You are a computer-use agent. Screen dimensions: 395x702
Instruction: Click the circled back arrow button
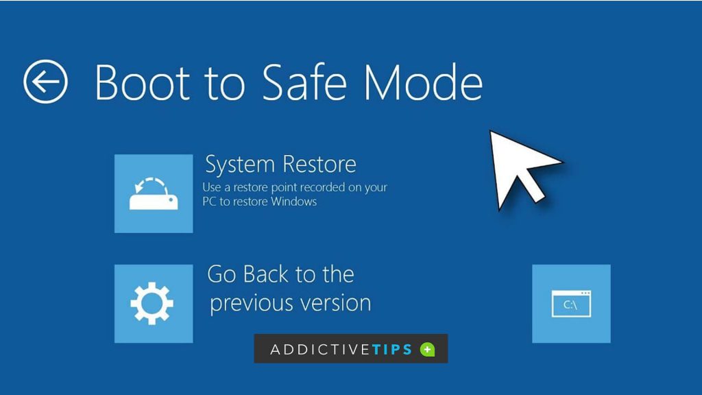46,82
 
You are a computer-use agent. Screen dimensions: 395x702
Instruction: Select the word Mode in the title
423,82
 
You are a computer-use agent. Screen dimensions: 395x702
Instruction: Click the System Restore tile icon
154,193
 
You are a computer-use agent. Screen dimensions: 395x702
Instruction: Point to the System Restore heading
280,165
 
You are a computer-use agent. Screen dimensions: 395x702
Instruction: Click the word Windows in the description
294,202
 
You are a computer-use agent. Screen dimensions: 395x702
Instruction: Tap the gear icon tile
154,303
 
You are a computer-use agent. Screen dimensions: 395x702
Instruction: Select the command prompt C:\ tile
571,303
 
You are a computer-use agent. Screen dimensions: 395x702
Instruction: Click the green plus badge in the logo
427,350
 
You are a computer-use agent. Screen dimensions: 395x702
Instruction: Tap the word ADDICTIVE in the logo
320,350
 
